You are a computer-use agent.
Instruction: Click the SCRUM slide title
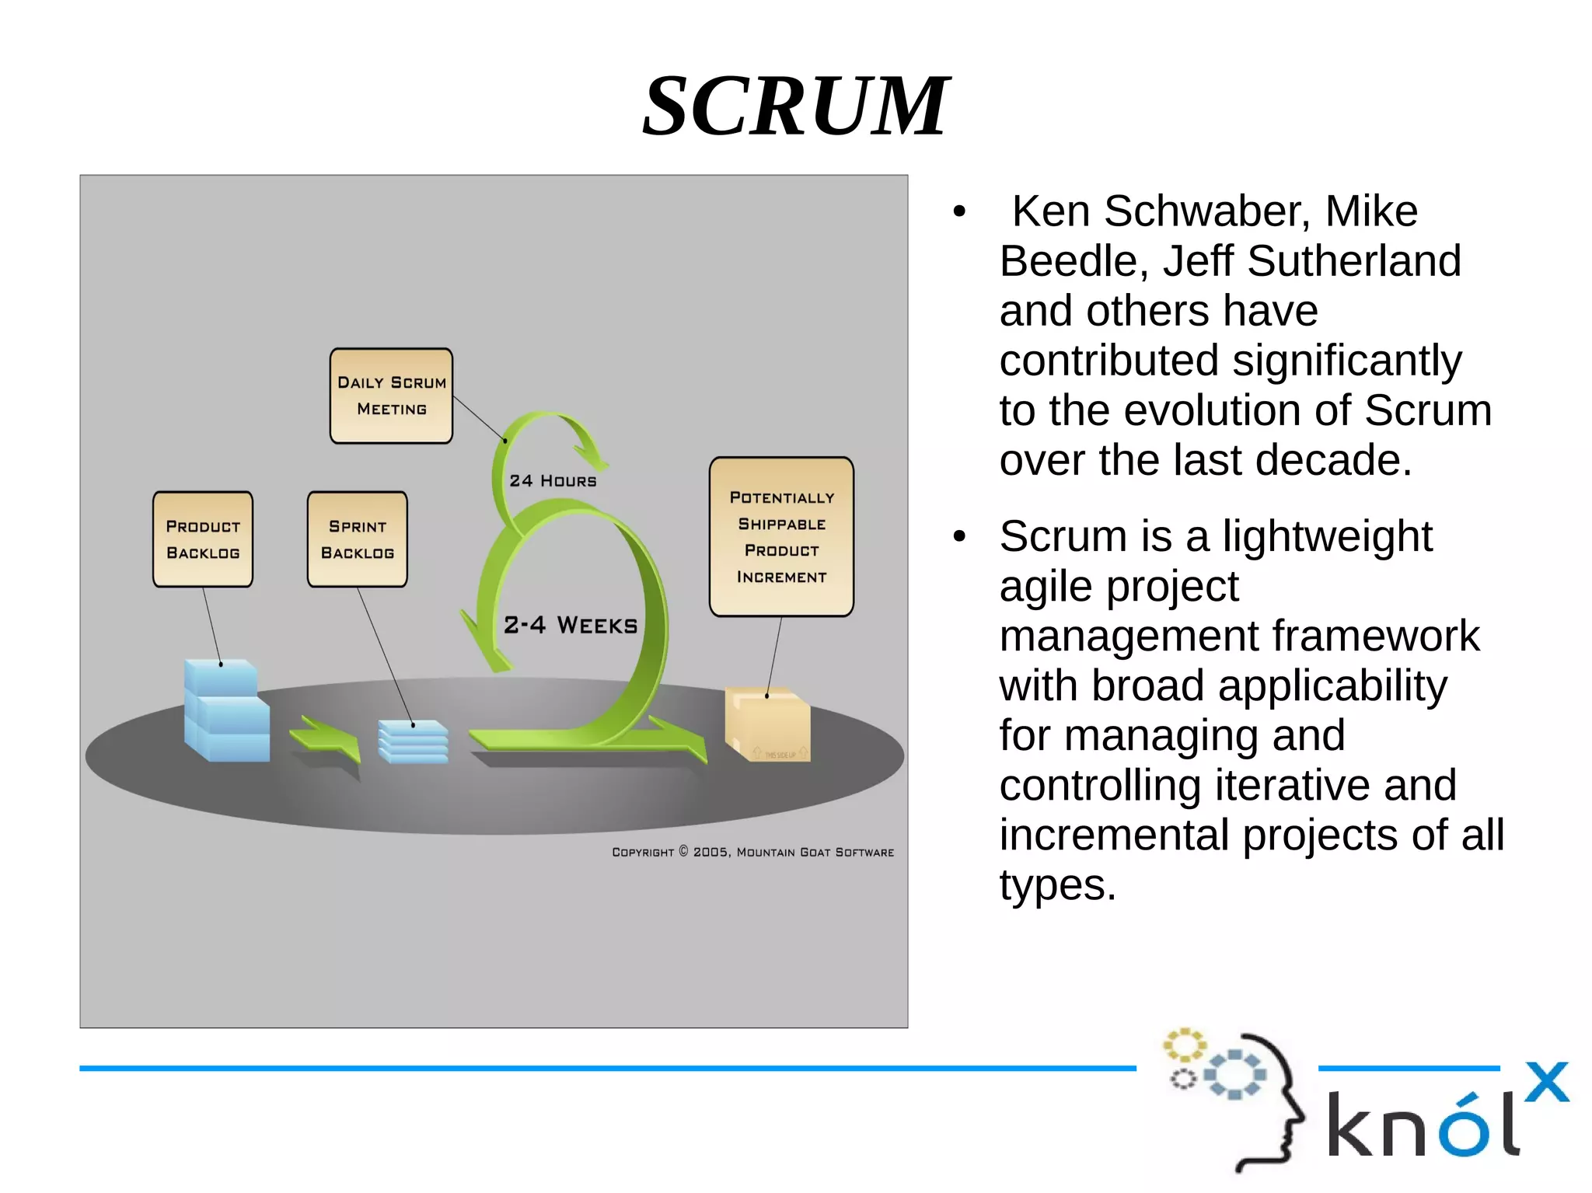click(x=795, y=106)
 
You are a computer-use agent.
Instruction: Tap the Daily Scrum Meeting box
click(x=391, y=396)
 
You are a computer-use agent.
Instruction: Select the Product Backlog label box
click(x=203, y=539)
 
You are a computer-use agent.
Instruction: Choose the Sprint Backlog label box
click(x=358, y=539)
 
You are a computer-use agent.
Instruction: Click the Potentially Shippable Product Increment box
click(x=781, y=536)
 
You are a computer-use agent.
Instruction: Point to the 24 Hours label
click(x=553, y=481)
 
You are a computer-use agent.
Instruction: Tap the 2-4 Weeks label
click(x=571, y=625)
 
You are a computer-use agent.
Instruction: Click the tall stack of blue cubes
click(x=226, y=710)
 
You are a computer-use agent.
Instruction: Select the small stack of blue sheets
click(x=413, y=741)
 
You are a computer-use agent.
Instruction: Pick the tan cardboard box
click(x=767, y=724)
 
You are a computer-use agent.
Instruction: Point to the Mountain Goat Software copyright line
click(x=752, y=852)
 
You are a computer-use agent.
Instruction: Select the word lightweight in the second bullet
click(x=1327, y=536)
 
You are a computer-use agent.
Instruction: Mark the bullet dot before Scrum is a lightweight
click(x=960, y=535)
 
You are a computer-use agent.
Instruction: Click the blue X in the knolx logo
click(x=1546, y=1082)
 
